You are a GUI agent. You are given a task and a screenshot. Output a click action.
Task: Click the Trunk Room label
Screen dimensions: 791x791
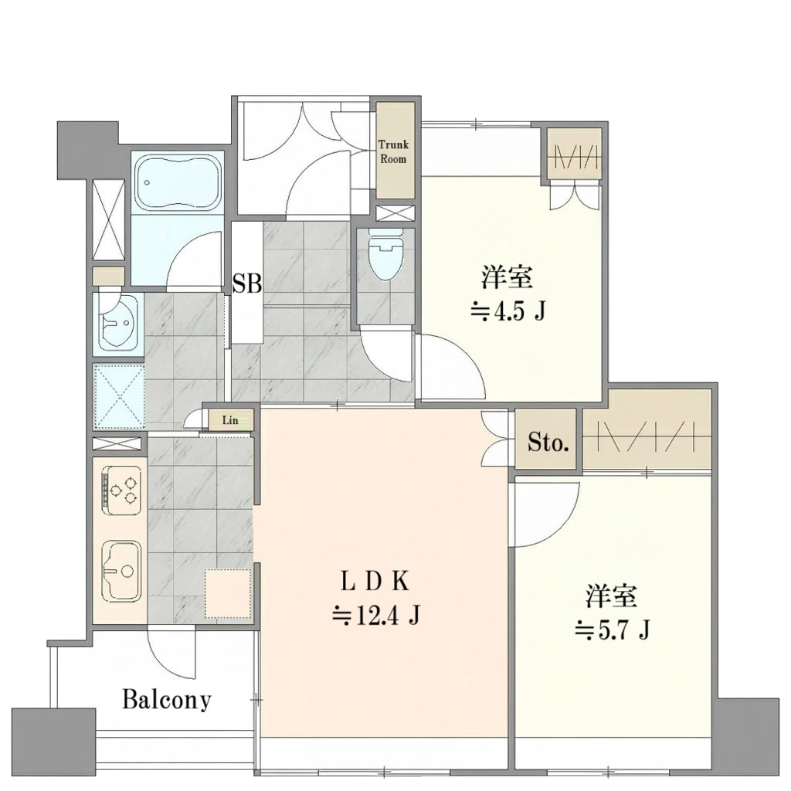tap(393, 152)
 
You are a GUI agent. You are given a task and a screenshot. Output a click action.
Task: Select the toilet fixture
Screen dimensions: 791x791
tap(386, 253)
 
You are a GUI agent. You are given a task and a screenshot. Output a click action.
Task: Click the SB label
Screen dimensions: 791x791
tap(247, 283)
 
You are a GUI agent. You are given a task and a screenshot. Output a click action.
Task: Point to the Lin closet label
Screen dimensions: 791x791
tap(230, 420)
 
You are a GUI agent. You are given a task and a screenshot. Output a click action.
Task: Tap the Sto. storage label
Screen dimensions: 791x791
tap(548, 443)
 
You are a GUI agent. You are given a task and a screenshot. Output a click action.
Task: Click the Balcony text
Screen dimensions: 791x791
tap(167, 700)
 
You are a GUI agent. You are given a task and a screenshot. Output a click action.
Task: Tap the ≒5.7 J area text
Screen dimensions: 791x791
tap(612, 630)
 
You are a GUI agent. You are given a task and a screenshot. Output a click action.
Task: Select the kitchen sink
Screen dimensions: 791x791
tap(121, 571)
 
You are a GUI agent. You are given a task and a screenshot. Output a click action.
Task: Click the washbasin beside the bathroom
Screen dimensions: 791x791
tap(117, 321)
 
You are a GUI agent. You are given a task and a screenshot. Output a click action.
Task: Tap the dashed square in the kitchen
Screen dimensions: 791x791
tap(229, 593)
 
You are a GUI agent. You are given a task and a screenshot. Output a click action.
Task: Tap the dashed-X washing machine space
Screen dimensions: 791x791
tap(120, 396)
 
